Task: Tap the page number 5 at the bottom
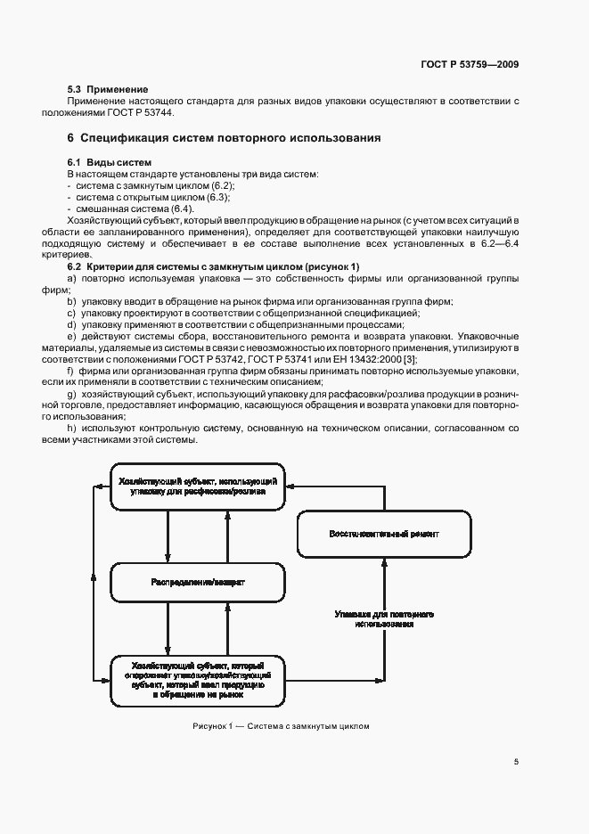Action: (x=516, y=761)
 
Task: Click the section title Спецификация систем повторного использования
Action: (x=230, y=138)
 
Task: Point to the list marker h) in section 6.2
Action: (x=71, y=429)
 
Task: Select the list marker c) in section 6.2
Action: (x=71, y=313)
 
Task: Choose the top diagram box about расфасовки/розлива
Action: (x=197, y=487)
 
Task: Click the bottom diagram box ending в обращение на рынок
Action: (x=197, y=680)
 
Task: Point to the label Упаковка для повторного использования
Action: (x=384, y=619)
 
